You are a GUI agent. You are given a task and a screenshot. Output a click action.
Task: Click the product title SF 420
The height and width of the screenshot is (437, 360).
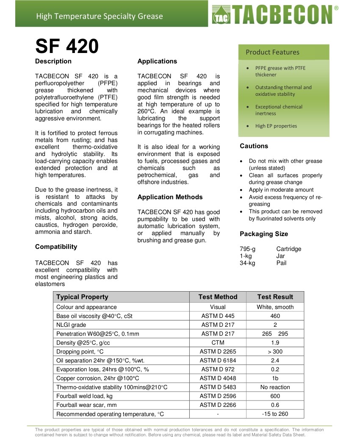coord(67,46)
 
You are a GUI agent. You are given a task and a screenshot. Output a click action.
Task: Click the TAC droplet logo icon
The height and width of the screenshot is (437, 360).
coord(219,16)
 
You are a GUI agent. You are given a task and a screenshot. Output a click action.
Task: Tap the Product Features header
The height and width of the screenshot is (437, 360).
coord(272,52)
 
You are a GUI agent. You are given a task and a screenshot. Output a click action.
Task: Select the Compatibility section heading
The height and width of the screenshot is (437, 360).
coord(56,247)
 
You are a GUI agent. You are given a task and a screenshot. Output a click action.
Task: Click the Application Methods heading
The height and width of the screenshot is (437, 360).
coord(170,197)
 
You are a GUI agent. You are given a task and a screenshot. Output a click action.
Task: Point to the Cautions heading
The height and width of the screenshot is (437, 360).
coord(254,146)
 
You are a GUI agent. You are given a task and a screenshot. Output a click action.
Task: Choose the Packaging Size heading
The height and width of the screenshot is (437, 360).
coord(264,234)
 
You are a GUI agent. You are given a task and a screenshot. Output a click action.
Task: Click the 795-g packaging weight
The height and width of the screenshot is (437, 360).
coord(248,249)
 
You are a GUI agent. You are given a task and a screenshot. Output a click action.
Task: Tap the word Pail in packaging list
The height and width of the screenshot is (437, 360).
coord(281,263)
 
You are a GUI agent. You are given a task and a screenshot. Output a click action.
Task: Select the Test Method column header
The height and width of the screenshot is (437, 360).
coord(218,297)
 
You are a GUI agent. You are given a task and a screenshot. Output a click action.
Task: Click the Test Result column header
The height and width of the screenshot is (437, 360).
coord(275,297)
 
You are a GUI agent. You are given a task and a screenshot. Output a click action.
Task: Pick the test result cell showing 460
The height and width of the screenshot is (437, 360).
coord(275,316)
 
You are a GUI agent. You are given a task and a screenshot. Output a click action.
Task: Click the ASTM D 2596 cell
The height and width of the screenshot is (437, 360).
coord(218,396)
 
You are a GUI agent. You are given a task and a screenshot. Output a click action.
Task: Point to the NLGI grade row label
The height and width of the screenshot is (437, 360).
coord(71,325)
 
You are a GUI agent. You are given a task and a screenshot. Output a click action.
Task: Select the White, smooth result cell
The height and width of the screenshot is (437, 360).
coord(275,307)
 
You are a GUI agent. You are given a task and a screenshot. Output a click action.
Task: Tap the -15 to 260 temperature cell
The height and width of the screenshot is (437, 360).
coord(275,414)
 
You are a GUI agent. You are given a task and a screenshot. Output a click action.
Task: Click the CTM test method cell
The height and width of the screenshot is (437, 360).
coord(218,342)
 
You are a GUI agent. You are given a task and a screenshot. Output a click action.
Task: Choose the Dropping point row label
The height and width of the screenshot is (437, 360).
coord(80,351)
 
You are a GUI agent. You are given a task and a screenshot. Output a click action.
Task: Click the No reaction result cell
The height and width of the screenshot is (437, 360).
coord(275,387)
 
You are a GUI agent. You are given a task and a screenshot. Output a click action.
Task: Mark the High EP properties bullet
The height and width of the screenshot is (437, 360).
coord(276,126)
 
